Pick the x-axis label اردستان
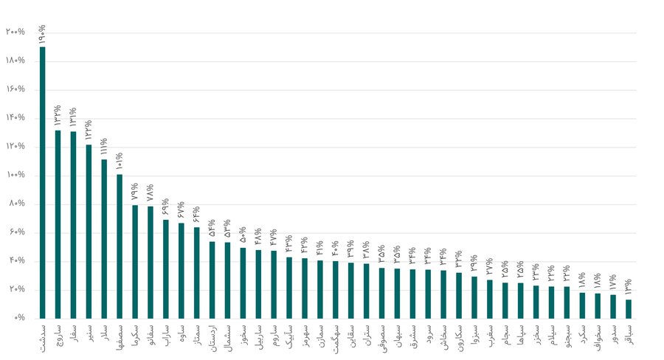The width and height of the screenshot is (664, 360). pos(212,339)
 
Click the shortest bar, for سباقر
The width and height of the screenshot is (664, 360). pos(629,308)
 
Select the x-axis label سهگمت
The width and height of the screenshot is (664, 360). pos(336,338)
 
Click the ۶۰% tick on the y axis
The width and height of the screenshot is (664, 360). pos(16,233)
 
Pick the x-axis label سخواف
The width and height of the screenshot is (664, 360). pos(598,338)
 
